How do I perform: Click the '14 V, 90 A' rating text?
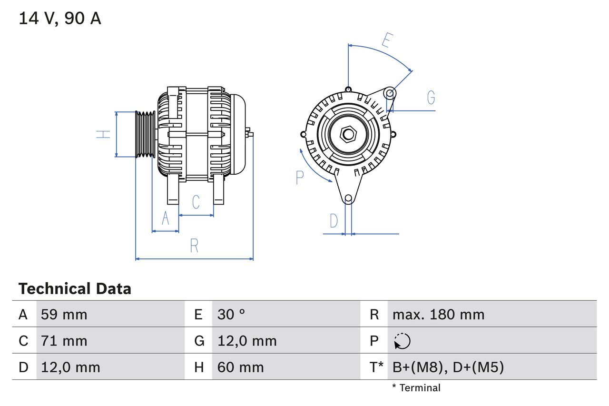pos(59,19)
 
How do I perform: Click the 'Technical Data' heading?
pos(75,289)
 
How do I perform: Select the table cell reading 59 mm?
pos(64,314)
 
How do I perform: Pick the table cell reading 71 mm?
pos(64,341)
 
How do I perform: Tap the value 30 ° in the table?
pos(231,314)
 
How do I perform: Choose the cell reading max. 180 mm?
pos(438,314)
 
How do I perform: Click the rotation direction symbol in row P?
pos(402,341)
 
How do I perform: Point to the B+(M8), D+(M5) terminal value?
pos(448,367)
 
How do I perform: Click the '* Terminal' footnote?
pos(416,388)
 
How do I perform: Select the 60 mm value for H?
pos(240,367)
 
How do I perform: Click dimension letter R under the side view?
pos(194,246)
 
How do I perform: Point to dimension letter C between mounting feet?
pos(196,202)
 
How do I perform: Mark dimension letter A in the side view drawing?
pos(166,218)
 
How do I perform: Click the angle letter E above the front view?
pos(386,41)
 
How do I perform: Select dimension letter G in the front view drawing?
pos(431,98)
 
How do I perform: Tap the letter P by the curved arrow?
pos(299,178)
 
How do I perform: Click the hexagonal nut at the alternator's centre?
pos(348,134)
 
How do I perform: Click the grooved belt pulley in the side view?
pos(146,134)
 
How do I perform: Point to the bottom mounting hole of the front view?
pos(348,198)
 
